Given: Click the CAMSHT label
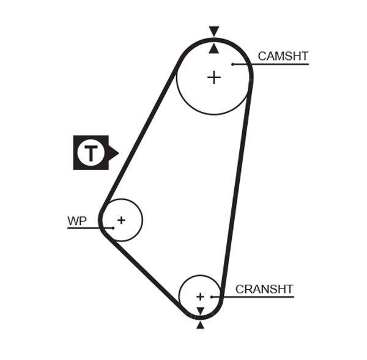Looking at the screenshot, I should pyautogui.click(x=283, y=56).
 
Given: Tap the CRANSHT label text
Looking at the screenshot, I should pyautogui.click(x=264, y=289).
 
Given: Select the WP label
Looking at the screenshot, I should pyautogui.click(x=77, y=221).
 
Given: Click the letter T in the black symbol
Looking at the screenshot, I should pyautogui.click(x=91, y=152).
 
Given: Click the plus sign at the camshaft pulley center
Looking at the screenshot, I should pyautogui.click(x=213, y=78).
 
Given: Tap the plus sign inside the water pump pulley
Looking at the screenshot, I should pyautogui.click(x=121, y=219).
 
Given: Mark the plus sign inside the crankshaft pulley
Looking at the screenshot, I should pyautogui.click(x=199, y=296).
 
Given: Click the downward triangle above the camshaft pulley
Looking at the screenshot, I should pyautogui.click(x=213, y=31).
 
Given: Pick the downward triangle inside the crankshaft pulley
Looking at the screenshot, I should pyautogui.click(x=199, y=311).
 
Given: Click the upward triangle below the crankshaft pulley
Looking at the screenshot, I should pyautogui.click(x=200, y=325).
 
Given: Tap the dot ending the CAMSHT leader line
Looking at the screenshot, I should pyautogui.click(x=233, y=64).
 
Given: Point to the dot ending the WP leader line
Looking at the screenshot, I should pyautogui.click(x=113, y=228).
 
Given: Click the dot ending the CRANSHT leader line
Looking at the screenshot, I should pyautogui.click(x=211, y=297).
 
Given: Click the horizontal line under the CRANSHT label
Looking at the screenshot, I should pyautogui.click(x=257, y=297).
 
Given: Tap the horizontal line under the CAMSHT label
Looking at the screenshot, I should pyautogui.click(x=275, y=64).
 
